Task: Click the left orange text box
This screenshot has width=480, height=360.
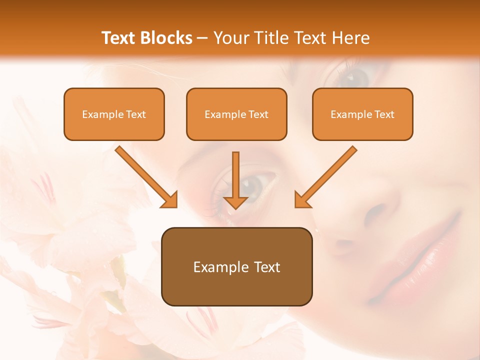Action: click(114, 114)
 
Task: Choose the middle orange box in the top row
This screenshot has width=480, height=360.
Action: click(236, 114)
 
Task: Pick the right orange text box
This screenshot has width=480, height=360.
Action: click(362, 114)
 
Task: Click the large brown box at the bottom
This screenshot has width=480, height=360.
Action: click(236, 266)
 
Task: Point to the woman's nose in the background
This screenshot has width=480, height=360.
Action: click(380, 210)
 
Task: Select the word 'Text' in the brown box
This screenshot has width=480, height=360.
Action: click(264, 267)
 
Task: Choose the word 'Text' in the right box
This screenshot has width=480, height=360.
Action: click(384, 114)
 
